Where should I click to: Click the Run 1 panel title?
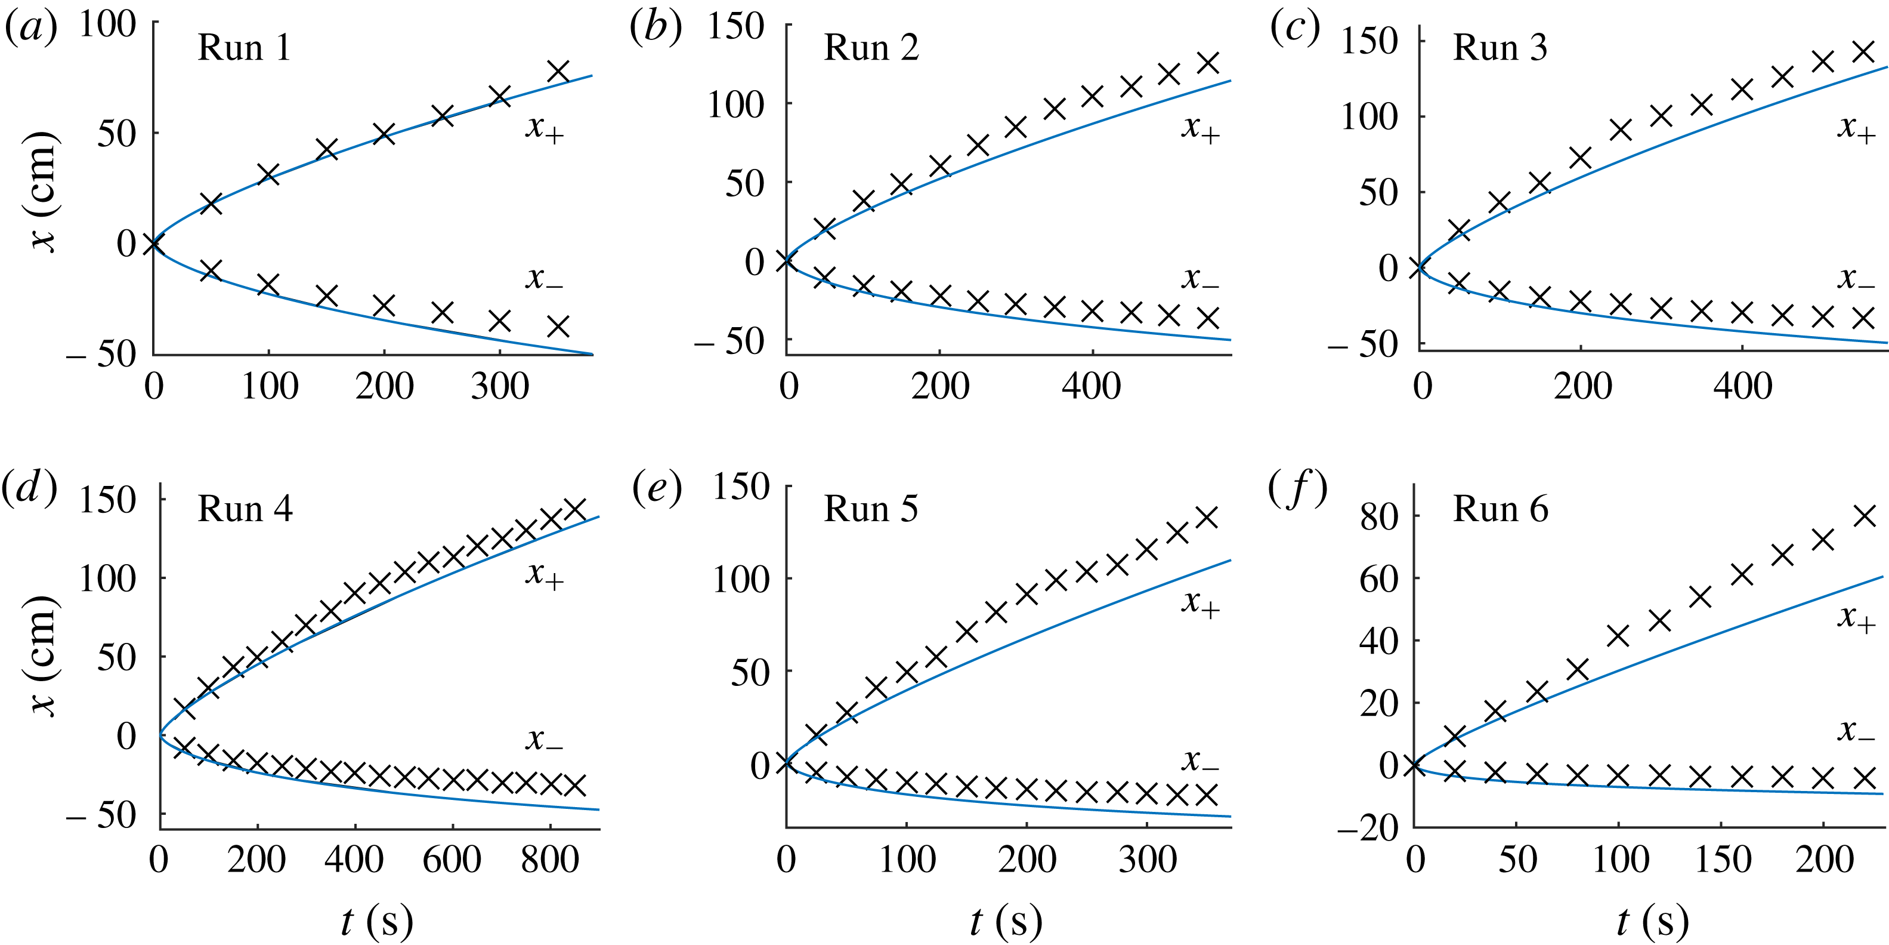click(244, 48)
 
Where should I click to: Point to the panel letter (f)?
click(1298, 489)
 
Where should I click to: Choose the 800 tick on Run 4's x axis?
click(550, 859)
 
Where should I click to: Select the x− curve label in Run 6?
click(1856, 731)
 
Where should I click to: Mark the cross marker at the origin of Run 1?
click(153, 244)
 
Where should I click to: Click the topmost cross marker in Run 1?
click(558, 72)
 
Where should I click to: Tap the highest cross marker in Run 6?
click(1865, 516)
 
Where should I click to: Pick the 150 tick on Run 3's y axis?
click(1368, 41)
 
